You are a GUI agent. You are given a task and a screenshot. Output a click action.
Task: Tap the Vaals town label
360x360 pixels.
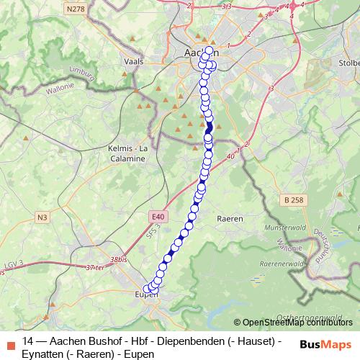click(x=134, y=63)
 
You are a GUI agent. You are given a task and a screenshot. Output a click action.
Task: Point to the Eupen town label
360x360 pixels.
click(x=147, y=294)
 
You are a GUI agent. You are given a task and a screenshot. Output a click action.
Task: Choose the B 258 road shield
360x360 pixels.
click(x=293, y=199)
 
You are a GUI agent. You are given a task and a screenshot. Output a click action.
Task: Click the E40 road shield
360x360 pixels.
click(x=158, y=215)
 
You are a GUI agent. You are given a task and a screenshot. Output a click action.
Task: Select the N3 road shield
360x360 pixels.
click(x=42, y=216)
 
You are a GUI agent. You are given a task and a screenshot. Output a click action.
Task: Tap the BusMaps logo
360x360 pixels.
click(x=325, y=345)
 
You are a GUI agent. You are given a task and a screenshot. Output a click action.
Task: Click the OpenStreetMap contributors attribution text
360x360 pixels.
click(x=297, y=323)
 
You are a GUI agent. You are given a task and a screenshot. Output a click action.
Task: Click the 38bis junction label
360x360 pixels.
click(x=120, y=260)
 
